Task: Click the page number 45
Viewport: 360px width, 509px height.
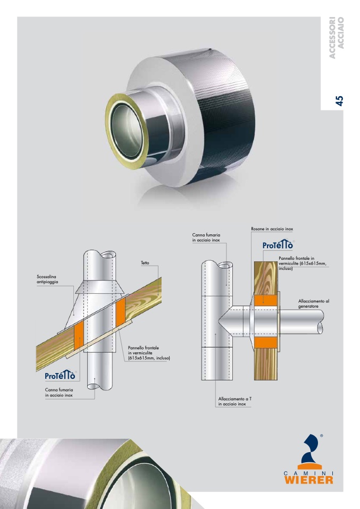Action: (339, 100)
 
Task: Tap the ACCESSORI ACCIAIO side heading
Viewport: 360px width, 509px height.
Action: (336, 38)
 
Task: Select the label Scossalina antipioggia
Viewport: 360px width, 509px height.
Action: (47, 279)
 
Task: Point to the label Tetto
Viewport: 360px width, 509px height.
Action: (145, 262)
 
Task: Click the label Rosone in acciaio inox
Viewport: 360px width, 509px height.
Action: (272, 229)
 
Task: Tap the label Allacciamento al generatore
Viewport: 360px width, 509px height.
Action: (314, 303)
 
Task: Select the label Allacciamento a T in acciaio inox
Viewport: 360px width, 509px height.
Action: (235, 401)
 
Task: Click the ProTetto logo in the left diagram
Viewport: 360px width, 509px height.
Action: (60, 375)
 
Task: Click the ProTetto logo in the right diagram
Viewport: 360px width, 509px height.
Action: (278, 244)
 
